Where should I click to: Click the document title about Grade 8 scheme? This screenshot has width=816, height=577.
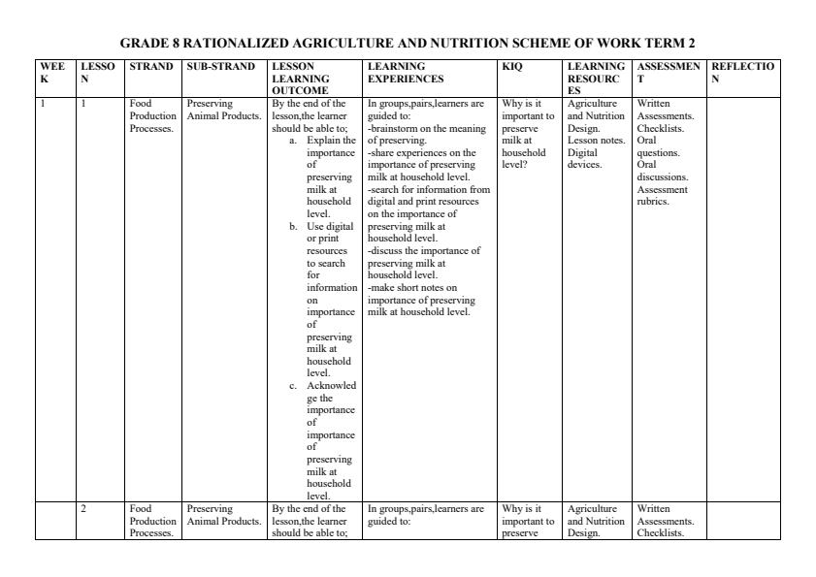pyautogui.click(x=408, y=43)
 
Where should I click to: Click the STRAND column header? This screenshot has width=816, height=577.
pyautogui.click(x=150, y=66)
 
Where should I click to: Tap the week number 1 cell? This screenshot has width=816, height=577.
pyautogui.click(x=43, y=103)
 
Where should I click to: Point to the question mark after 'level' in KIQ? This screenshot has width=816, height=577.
pyautogui.click(x=525, y=165)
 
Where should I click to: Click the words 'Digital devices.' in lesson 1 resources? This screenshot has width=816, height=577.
pyautogui.click(x=585, y=158)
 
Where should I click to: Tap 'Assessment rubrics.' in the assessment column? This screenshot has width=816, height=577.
pyautogui.click(x=663, y=196)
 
